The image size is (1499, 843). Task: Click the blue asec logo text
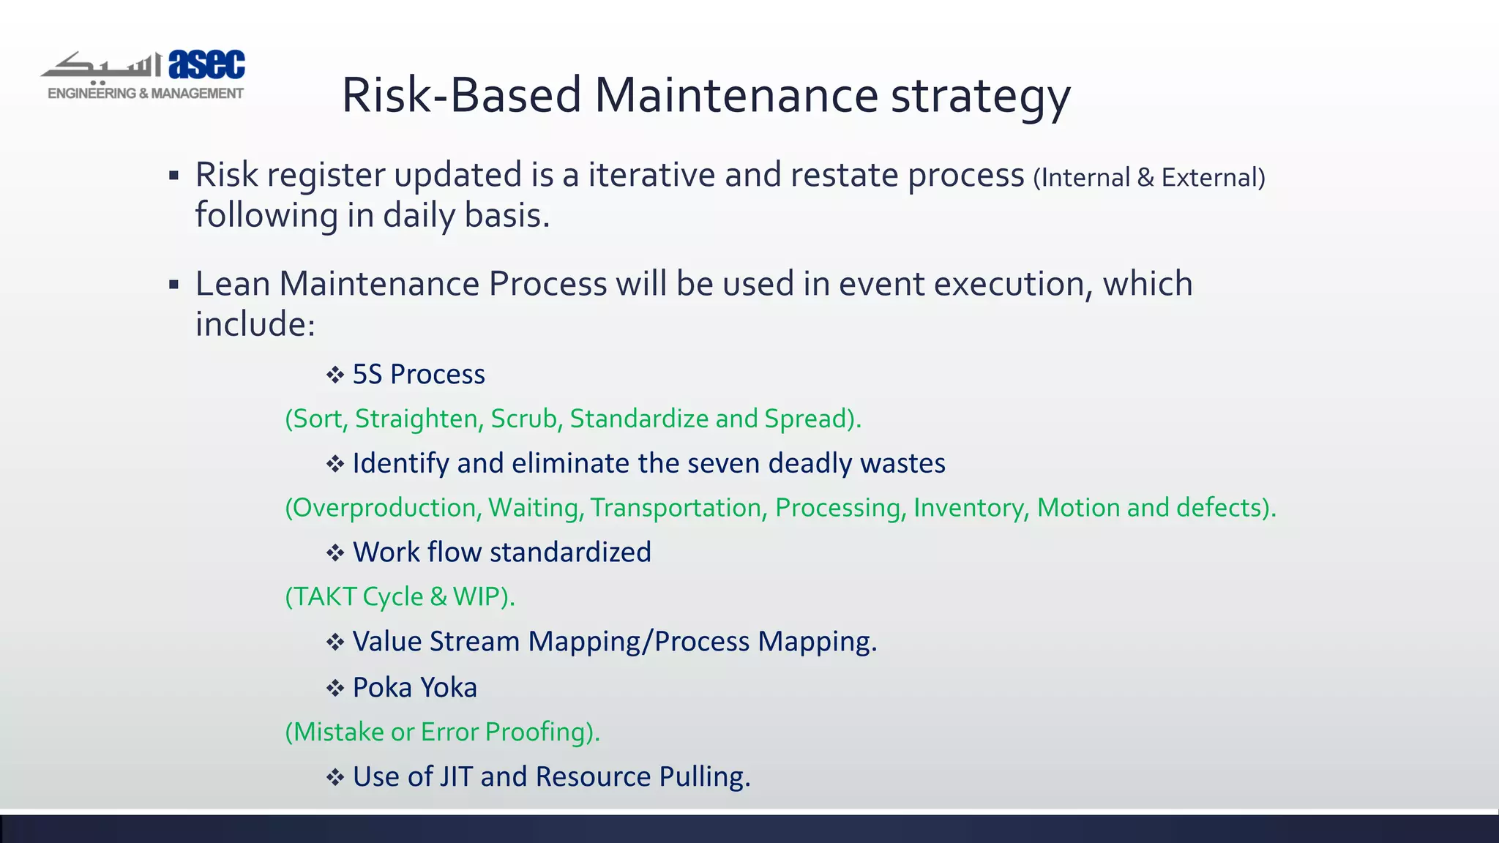click(207, 64)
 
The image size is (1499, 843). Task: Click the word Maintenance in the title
click(736, 95)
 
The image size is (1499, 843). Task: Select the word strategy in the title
click(980, 97)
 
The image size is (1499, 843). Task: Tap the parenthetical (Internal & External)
click(1148, 178)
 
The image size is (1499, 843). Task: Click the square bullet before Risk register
click(173, 176)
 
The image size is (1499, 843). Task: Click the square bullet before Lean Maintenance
click(173, 284)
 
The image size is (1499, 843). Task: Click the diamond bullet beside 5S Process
click(335, 375)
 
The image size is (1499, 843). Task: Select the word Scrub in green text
click(525, 419)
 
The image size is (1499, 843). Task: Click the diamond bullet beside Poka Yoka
click(335, 689)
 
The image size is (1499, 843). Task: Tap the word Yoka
click(448, 688)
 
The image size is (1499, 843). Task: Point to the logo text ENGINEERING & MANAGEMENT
click(145, 94)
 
